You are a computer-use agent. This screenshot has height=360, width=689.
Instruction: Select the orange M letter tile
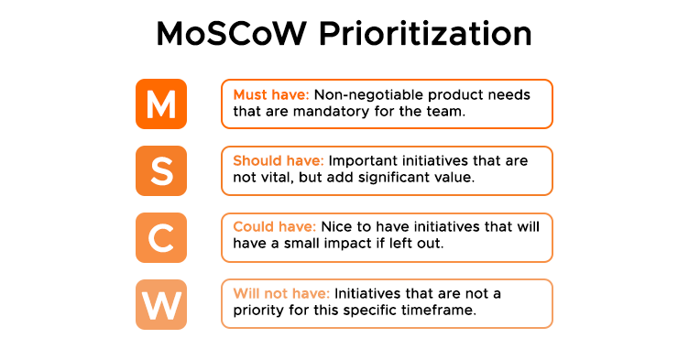click(161, 104)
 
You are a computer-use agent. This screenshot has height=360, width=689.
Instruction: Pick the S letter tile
click(161, 170)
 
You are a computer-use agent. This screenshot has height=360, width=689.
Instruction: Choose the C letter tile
click(161, 237)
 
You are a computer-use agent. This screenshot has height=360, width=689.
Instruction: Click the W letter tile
click(161, 304)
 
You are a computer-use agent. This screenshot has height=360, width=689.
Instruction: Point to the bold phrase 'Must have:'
click(271, 94)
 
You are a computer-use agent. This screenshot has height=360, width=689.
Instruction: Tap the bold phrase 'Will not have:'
click(281, 294)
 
